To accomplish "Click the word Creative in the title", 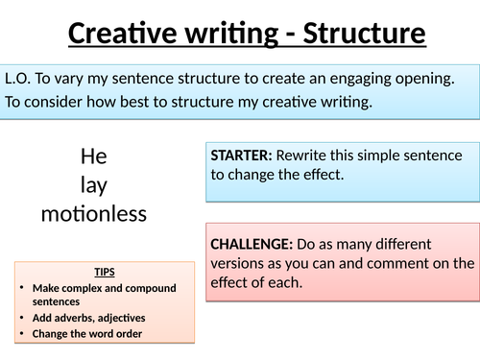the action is [123, 33].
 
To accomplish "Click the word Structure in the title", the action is [364, 33].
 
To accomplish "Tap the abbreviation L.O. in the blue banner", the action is [17, 79].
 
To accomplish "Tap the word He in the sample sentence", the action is [94, 156].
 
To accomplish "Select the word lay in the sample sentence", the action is [94, 185].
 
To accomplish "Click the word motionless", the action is [94, 214].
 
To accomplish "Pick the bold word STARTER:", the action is [241, 156].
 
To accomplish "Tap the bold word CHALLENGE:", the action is [252, 245].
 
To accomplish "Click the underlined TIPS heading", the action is [105, 272].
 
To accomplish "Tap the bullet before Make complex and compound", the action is [22, 288].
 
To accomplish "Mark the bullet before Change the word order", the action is [22, 333].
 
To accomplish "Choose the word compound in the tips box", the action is [151, 289].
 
